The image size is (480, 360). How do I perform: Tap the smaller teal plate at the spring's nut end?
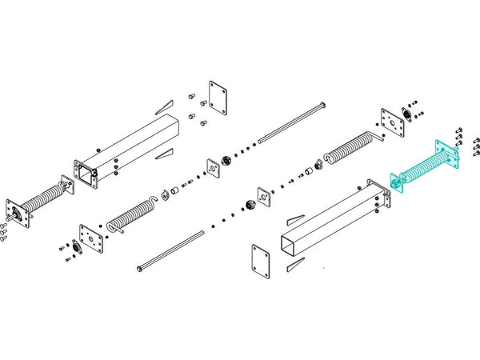395,180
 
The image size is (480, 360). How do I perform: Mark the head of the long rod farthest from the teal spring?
139,268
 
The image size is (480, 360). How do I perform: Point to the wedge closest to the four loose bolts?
163,105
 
